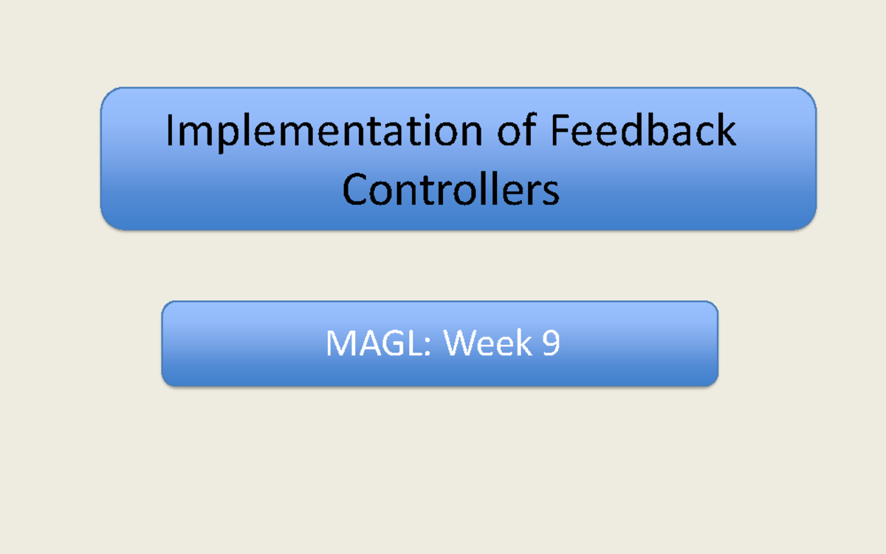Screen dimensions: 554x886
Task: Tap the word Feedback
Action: tap(643, 131)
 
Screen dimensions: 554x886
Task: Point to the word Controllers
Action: tap(450, 190)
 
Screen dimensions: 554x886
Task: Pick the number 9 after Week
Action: tap(550, 344)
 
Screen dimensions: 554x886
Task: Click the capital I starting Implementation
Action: tap(171, 131)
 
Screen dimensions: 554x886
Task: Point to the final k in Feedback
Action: tap(727, 131)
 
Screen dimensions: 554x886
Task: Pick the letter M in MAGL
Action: tap(340, 344)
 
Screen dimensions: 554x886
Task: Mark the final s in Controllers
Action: tap(550, 194)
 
